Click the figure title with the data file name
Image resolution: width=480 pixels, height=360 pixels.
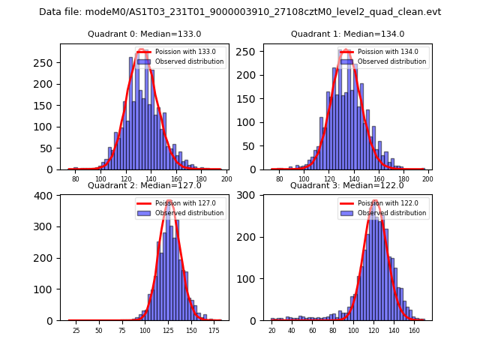[240, 12]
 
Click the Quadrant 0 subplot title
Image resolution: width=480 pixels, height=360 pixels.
[144, 34]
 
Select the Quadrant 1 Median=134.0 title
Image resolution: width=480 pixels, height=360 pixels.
[347, 34]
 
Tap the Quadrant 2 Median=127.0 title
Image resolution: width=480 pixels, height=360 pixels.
[144, 185]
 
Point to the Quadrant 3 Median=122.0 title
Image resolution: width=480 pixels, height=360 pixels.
[347, 185]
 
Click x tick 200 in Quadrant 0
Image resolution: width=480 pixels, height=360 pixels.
[226, 179]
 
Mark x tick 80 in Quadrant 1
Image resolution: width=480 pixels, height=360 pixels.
[279, 179]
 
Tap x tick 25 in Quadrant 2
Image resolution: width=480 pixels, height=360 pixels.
[76, 330]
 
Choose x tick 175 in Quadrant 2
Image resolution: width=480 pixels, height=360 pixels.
[214, 330]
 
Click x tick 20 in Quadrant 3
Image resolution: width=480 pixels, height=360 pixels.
[271, 330]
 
